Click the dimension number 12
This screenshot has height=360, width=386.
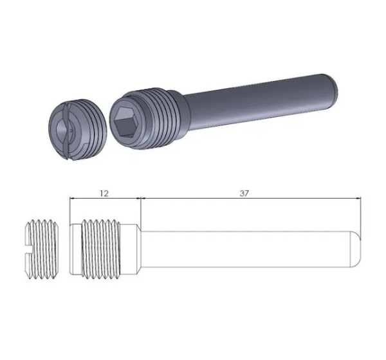tap(104, 194)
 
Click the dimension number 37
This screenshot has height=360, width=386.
tap(244, 194)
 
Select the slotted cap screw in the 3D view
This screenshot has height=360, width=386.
tap(78, 129)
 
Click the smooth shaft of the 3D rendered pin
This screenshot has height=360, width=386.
tap(259, 104)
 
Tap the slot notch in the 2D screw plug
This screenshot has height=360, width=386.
tap(29, 250)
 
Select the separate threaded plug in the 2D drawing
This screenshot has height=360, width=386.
tap(42, 249)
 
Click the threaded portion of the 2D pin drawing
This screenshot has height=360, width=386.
tap(101, 249)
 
